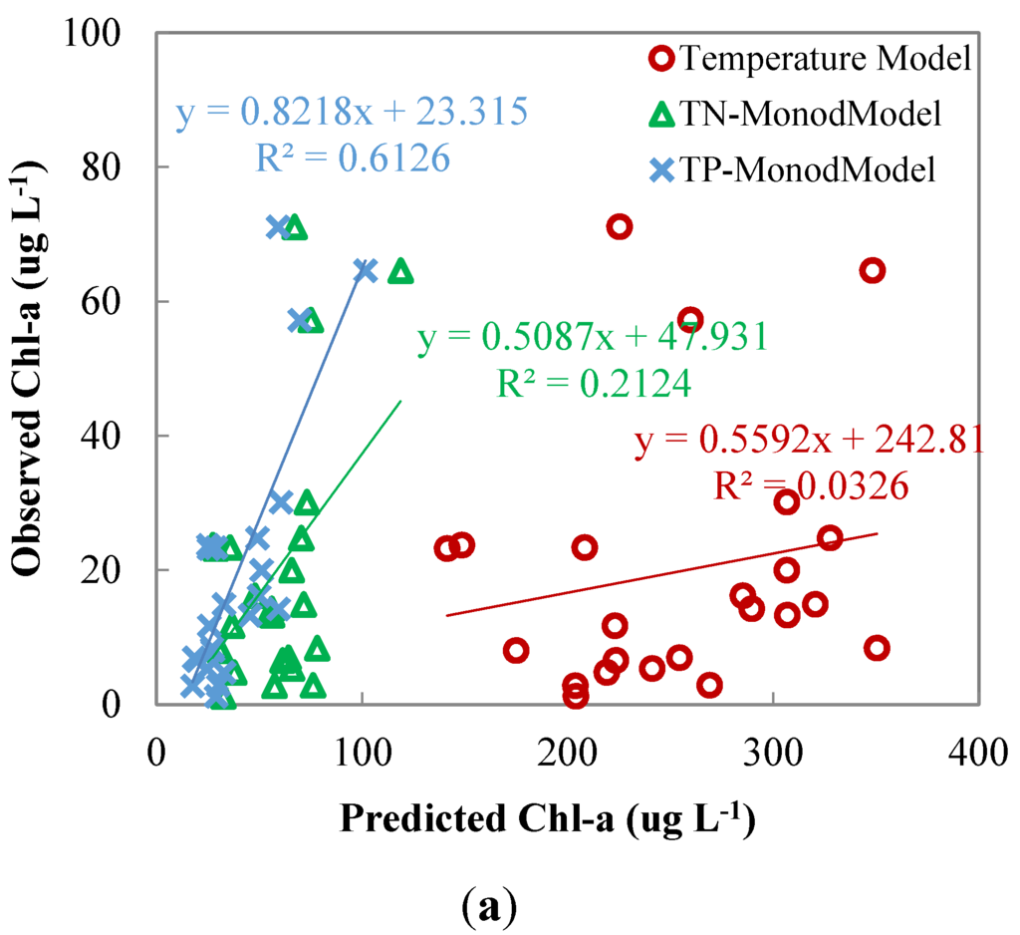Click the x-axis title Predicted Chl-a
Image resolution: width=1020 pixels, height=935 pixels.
tap(545, 819)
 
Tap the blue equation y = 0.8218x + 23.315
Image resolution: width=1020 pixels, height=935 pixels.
tap(352, 113)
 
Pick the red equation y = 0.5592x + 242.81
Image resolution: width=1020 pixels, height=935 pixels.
tap(809, 440)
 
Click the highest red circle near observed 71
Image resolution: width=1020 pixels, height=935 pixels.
tap(620, 227)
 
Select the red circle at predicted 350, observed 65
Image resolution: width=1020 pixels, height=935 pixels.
tap(873, 271)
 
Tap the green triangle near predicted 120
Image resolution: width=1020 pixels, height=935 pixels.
tap(400, 271)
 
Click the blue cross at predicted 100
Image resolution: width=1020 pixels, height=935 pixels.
tap(365, 270)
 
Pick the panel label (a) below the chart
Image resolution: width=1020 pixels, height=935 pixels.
tap(489, 904)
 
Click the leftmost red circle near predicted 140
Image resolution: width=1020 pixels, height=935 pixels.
tap(447, 548)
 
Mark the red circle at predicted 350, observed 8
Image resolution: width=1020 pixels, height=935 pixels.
tap(877, 648)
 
